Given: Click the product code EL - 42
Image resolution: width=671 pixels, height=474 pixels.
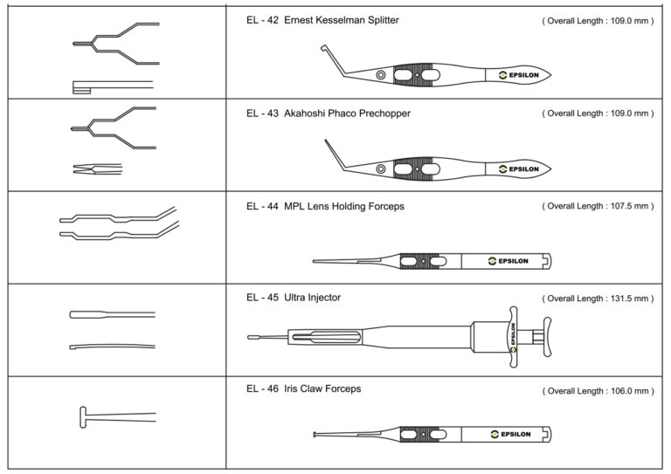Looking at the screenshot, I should click(x=261, y=19).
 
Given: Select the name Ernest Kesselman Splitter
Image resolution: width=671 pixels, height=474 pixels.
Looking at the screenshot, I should click(x=342, y=19).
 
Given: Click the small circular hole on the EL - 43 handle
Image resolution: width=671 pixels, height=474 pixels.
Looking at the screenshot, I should click(x=380, y=168).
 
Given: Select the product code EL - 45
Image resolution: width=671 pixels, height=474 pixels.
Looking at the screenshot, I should click(x=261, y=298).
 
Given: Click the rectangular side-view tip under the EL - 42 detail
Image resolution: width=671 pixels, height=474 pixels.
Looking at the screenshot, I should click(x=84, y=86).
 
